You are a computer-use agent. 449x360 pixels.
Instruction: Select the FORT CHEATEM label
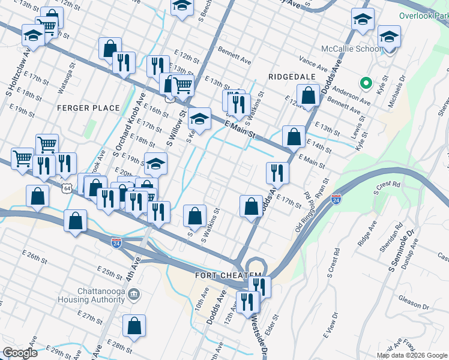[220, 275]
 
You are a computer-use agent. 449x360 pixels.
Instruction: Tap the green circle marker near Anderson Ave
[363, 83]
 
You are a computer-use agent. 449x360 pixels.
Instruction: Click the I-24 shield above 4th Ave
[116, 243]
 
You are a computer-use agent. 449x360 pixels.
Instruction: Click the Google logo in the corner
[20, 353]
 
